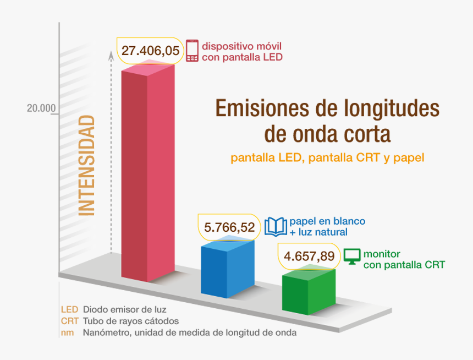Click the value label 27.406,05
pos(150,51)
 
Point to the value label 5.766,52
pos(229,227)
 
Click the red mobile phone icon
pos(192,51)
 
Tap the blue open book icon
pos(276,226)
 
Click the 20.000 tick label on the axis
pos(42,108)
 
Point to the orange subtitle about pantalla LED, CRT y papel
pos(328,159)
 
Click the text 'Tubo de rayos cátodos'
pos(130,321)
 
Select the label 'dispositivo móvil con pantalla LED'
pos(242,51)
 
